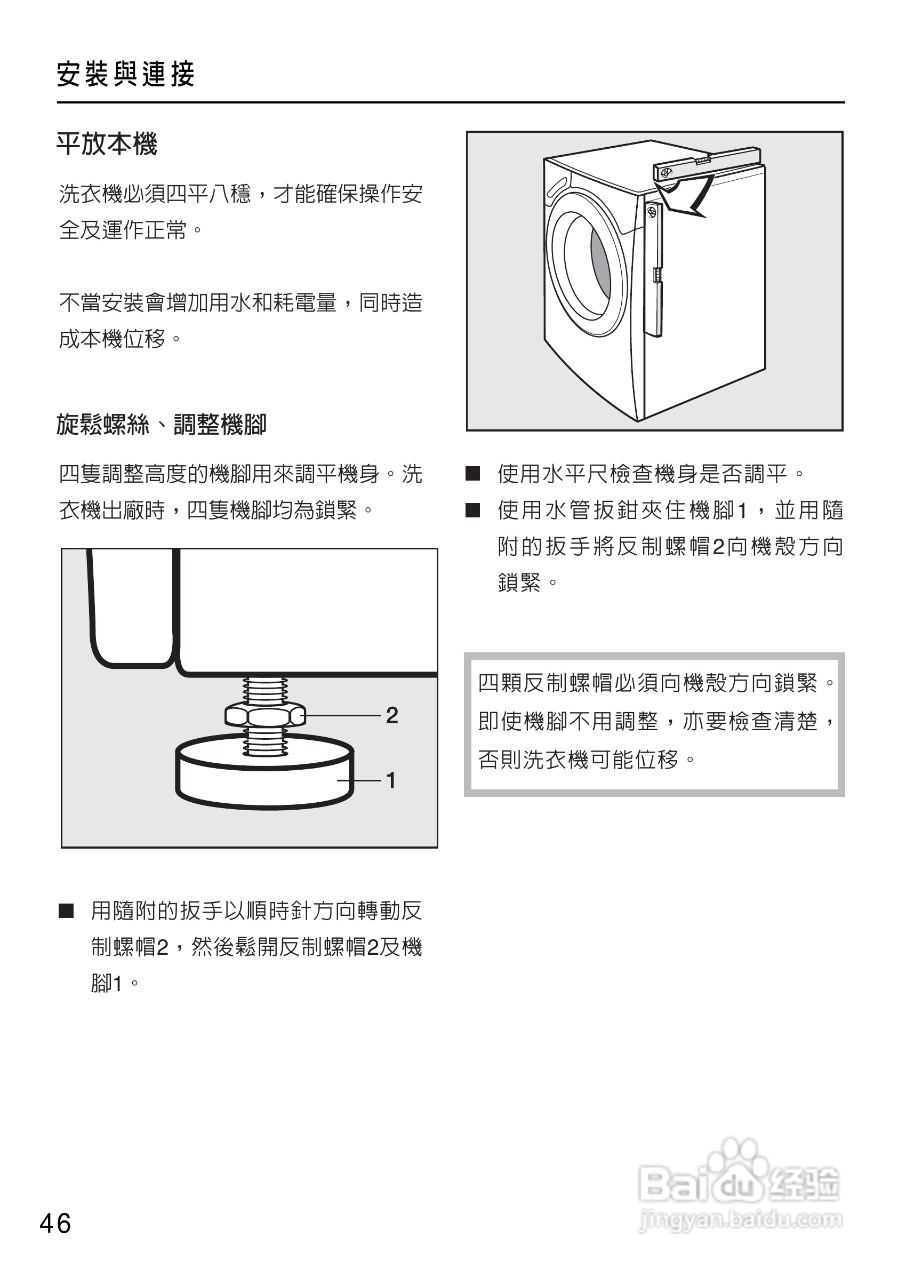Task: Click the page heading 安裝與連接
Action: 126,74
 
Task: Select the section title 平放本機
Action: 107,145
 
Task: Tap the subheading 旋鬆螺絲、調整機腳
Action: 161,425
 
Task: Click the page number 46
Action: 55,1223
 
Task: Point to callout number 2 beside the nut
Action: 391,715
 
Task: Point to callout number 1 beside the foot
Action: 391,780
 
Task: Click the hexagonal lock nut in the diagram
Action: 265,716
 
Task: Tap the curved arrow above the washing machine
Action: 688,197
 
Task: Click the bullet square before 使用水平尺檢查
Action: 472,474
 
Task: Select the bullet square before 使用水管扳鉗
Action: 472,510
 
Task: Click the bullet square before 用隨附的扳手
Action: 66,912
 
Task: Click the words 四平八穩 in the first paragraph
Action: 209,194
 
